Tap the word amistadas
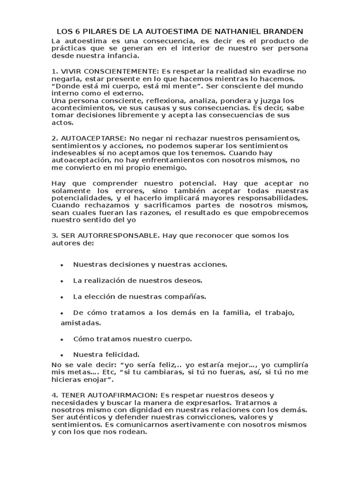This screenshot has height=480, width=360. (80, 323)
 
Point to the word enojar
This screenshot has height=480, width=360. (98, 379)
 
